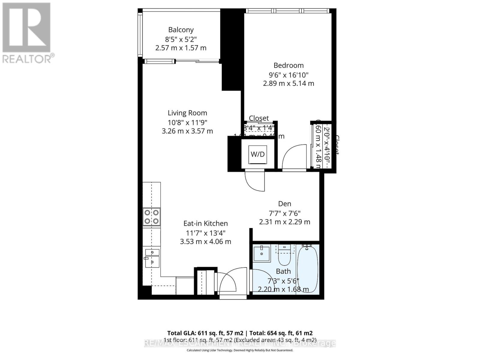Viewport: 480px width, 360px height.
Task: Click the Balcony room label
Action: (181, 30)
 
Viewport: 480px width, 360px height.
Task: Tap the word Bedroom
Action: (289, 65)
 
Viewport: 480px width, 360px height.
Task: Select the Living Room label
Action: (187, 113)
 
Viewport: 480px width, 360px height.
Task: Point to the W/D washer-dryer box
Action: (258, 154)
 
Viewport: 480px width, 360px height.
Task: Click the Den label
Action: (285, 204)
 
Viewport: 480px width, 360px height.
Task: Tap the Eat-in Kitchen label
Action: (205, 223)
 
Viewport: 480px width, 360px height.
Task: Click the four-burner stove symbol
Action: (151, 217)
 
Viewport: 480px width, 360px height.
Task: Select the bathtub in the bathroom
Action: (307, 268)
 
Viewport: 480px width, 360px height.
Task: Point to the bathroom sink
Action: (262, 253)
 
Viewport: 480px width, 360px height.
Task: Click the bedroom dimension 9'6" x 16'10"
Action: (289, 75)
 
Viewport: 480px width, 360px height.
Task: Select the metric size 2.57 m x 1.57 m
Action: (181, 48)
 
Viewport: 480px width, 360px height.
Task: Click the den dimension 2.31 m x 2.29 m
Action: (285, 222)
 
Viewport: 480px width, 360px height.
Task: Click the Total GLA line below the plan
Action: (240, 333)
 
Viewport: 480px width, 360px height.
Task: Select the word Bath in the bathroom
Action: (283, 271)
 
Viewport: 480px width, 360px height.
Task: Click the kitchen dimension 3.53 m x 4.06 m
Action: (205, 242)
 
